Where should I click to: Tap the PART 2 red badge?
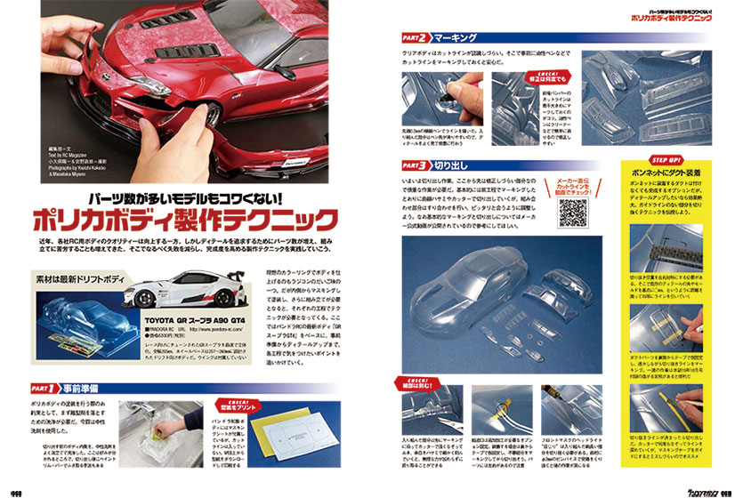414,38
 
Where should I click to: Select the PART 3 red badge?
414,165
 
